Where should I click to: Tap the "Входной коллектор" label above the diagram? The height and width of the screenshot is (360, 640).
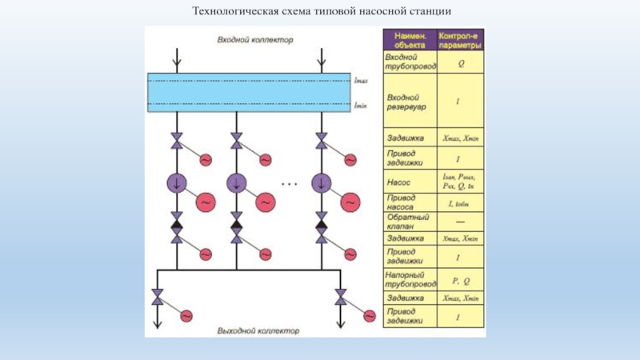(x=255, y=39)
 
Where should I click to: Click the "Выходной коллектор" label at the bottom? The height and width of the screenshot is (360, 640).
(x=258, y=330)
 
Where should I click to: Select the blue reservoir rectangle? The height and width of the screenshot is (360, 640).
(x=249, y=93)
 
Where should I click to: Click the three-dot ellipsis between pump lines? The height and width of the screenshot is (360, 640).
(x=289, y=184)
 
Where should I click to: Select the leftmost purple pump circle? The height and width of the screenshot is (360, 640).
(x=176, y=184)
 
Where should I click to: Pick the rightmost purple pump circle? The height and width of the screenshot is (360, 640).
(x=322, y=184)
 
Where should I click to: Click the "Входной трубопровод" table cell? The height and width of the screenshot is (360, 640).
(x=410, y=62)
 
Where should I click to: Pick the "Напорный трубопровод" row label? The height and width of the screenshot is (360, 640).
(x=410, y=279)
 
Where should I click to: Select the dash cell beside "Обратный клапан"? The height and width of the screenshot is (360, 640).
(x=459, y=221)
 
